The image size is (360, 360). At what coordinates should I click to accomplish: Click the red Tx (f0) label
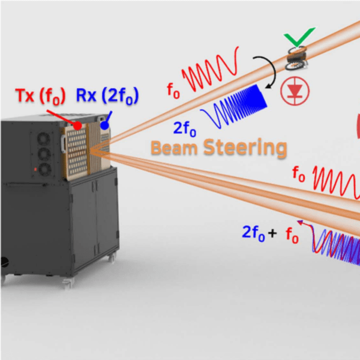[40, 97]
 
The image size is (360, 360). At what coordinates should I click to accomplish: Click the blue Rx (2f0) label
[107, 96]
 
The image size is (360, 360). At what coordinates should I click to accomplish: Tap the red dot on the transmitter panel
[77, 125]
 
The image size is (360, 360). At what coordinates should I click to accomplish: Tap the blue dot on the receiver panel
[104, 125]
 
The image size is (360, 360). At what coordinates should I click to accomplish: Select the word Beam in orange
[174, 148]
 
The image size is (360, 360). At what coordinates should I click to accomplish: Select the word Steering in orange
[245, 148]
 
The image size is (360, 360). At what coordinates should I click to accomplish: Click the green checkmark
[299, 37]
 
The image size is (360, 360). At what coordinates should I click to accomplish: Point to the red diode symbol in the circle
[295, 91]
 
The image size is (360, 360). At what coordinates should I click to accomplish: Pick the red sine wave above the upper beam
[210, 70]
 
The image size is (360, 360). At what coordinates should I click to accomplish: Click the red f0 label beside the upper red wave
[173, 91]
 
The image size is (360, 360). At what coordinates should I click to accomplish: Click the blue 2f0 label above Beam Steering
[185, 129]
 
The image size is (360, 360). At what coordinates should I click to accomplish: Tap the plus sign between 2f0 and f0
[272, 233]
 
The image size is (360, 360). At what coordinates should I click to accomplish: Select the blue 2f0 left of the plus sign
[254, 233]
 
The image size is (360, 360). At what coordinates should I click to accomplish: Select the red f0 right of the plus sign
[292, 236]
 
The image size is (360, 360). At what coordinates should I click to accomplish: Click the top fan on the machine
[44, 139]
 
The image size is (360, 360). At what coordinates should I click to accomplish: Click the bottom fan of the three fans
[45, 169]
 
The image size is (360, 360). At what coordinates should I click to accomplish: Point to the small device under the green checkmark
[296, 58]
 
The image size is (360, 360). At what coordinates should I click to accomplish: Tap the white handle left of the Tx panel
[63, 144]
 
